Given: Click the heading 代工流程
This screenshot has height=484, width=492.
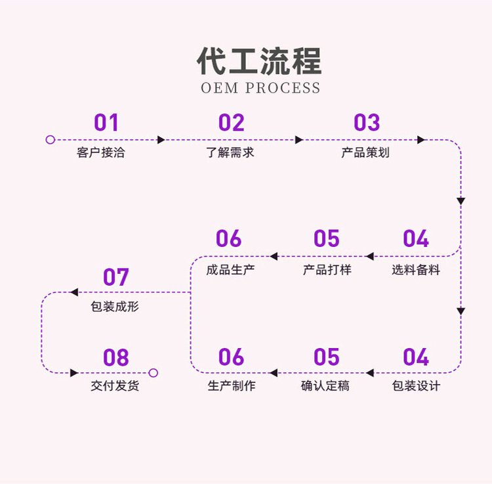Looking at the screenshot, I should click(260, 61).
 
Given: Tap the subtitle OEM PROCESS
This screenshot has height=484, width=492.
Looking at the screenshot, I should click(260, 88).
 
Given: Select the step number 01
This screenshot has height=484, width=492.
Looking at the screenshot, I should click(106, 123).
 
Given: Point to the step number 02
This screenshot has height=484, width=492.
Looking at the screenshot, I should click(231, 123).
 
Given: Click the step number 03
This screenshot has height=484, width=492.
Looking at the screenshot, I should click(367, 123).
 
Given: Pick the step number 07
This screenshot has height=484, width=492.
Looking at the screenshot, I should click(115, 277).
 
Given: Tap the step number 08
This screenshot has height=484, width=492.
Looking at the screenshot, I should click(115, 358).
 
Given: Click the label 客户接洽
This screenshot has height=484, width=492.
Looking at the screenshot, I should click(100, 153).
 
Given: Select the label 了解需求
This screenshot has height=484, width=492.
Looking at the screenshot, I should click(230, 153).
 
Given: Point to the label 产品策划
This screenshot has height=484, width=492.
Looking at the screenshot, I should click(365, 153).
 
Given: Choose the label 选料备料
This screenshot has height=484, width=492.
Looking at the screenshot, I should click(416, 269).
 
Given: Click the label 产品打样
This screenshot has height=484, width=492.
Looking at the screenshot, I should click(327, 269).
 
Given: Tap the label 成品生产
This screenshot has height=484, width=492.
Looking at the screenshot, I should click(230, 269).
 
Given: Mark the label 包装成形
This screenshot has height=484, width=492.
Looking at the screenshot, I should click(115, 307).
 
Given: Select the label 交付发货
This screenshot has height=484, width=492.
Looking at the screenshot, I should click(115, 386).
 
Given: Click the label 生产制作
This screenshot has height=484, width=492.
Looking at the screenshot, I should click(232, 386).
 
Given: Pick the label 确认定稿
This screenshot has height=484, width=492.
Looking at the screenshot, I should click(325, 386).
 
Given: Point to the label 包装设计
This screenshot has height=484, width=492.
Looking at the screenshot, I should click(416, 386).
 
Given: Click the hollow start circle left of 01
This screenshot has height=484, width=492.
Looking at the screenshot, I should click(51, 140).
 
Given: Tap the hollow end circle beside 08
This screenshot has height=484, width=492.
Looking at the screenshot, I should click(154, 373).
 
